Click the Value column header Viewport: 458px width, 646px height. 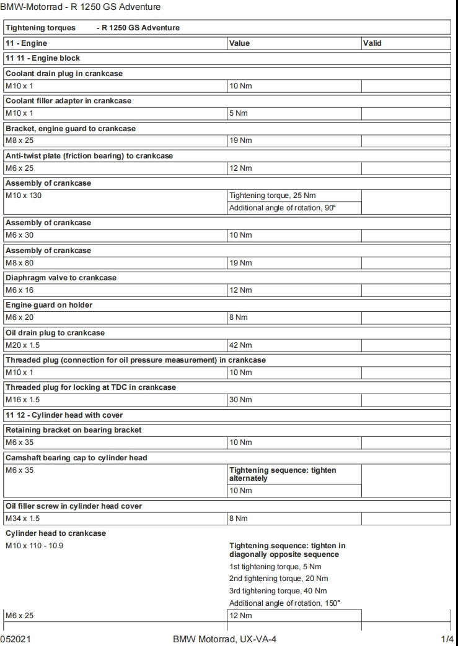tap(240, 43)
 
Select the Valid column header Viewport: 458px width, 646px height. tap(372, 43)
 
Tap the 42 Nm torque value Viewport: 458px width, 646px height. tap(241, 345)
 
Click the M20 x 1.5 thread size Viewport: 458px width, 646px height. tap(23, 345)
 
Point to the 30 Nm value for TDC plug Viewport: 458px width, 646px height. tap(241, 400)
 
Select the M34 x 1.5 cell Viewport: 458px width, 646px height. tap(23, 518)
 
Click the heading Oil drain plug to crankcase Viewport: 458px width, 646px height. tap(55, 333)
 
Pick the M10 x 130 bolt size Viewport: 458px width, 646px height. tap(24, 196)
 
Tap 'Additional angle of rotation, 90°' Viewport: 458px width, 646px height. tap(283, 208)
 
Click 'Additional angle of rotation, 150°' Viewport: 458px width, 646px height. tap(284, 603)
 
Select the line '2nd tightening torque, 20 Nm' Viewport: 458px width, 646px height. tap(278, 579)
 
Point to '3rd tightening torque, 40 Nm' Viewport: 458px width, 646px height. tap(278, 591)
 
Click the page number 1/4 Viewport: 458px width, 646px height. tap(448, 639)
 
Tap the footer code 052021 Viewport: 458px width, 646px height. tap(14, 639)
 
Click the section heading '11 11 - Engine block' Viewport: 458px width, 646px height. tap(43, 58)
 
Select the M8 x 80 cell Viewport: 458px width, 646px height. tap(20, 263)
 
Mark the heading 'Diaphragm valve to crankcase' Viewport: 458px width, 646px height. tap(61, 278)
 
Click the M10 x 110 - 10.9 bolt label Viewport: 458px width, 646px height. tap(35, 546)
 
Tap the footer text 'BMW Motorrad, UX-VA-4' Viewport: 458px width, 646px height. tap(229, 639)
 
